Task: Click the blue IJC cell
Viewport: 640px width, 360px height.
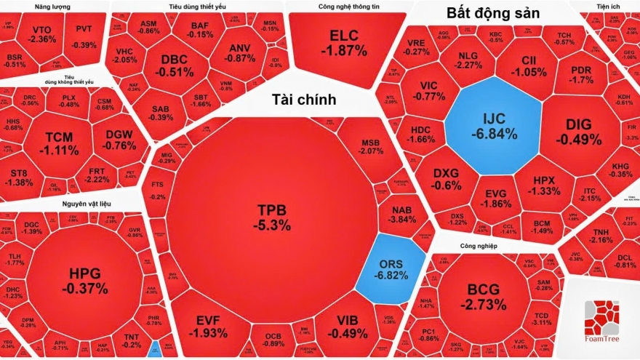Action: point(492,126)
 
